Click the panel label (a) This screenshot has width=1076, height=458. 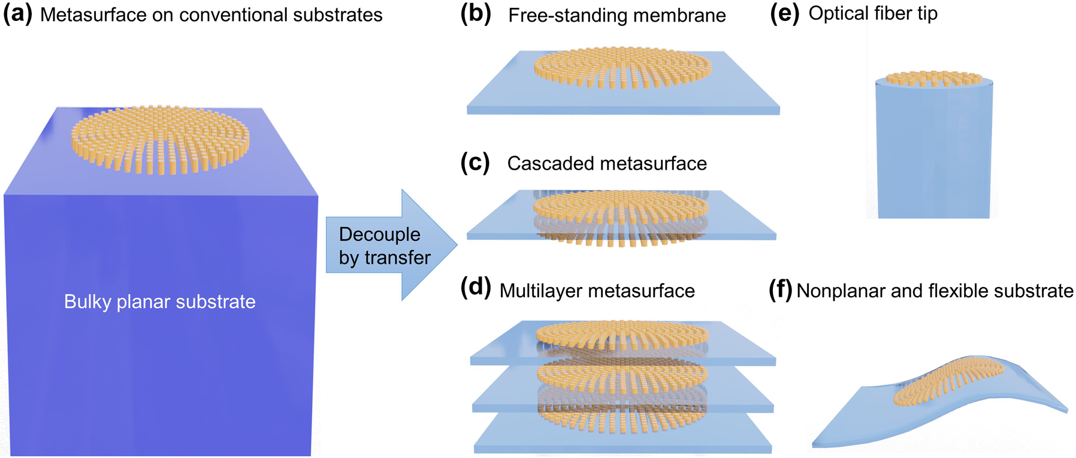pyautogui.click(x=17, y=14)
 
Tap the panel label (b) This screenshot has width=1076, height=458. pyautogui.click(x=475, y=14)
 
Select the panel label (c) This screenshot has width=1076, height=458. pyautogui.click(x=474, y=162)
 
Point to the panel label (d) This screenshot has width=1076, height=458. pyautogui.click(x=475, y=288)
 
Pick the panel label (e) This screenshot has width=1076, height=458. pyautogui.click(x=784, y=14)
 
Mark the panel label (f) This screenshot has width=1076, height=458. pyautogui.click(x=780, y=291)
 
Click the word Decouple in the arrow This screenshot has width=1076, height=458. pyautogui.click(x=379, y=234)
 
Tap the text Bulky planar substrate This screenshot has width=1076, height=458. pyautogui.click(x=159, y=302)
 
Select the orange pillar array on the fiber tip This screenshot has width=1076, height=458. pyautogui.click(x=933, y=79)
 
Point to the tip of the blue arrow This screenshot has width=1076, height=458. pyautogui.click(x=457, y=244)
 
